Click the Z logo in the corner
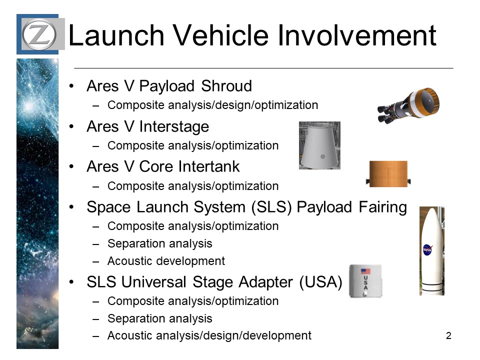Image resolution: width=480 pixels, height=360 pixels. click(x=39, y=34)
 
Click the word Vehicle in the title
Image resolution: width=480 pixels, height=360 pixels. click(x=221, y=35)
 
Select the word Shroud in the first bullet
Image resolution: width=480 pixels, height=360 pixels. click(x=226, y=85)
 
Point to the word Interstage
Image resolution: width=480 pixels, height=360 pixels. click(x=174, y=126)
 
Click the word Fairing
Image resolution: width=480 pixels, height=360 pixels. click(x=382, y=207)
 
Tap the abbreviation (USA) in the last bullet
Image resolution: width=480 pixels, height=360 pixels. click(x=320, y=282)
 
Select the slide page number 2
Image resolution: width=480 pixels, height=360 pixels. click(x=448, y=336)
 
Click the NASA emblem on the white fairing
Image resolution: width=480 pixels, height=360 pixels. click(x=427, y=250)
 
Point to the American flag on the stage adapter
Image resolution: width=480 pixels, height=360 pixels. click(x=365, y=271)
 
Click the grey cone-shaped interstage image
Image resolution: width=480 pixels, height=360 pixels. click(x=319, y=145)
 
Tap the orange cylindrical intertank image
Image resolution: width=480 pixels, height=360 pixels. click(x=388, y=173)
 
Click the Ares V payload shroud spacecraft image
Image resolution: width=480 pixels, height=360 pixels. click(x=408, y=105)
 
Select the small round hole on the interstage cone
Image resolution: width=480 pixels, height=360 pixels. click(x=322, y=156)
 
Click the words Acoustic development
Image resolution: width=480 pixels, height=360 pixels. click(x=166, y=261)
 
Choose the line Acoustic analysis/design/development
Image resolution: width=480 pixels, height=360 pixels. click(x=209, y=336)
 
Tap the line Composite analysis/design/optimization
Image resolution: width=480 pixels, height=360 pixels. click(x=213, y=105)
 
